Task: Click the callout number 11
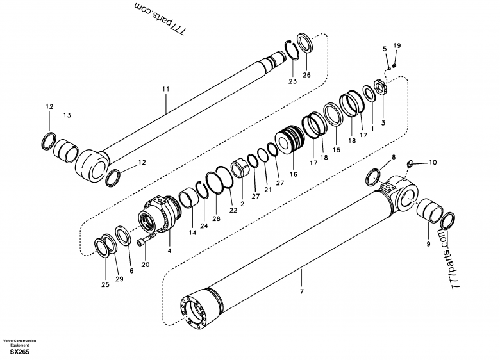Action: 165,89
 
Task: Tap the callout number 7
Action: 302,291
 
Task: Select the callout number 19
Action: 397,45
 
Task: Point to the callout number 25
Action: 105,284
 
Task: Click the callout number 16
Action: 294,174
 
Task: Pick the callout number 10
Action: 433,163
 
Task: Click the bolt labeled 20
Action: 146,239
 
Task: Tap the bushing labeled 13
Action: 65,151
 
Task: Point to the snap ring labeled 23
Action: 292,50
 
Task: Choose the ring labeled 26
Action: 305,42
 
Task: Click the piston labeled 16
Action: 291,140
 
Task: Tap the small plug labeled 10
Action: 410,164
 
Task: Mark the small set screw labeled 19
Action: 394,65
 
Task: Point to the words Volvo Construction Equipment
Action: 19,343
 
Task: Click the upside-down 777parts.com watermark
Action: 160,19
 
